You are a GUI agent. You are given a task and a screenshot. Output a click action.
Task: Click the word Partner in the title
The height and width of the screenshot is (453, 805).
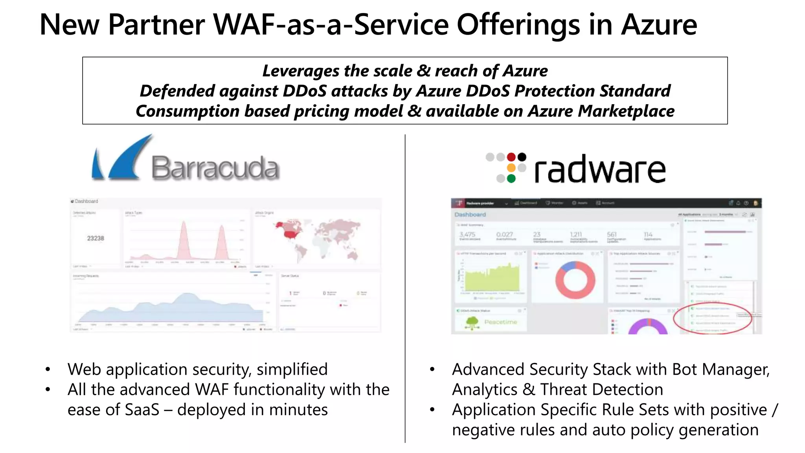[156, 25]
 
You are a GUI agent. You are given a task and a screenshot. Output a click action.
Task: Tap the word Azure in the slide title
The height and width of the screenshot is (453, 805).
[659, 25]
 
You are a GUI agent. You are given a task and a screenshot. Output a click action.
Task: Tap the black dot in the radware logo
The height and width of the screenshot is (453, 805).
[522, 157]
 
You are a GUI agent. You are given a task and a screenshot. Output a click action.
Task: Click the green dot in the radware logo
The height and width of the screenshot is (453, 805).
[511, 179]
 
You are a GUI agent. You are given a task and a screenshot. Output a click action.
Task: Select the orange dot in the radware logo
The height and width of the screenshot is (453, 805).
[511, 168]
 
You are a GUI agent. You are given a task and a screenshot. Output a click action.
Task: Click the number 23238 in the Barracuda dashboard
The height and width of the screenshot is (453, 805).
[96, 238]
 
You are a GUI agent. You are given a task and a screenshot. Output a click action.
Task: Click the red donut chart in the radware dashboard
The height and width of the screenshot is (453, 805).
[575, 280]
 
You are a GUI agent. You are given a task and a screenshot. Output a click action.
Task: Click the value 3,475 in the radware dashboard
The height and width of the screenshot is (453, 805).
[467, 234]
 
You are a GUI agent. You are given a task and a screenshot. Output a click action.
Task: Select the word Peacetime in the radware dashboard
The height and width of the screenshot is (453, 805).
[500, 322]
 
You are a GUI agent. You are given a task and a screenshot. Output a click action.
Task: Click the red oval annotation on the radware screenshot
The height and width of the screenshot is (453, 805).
[713, 319]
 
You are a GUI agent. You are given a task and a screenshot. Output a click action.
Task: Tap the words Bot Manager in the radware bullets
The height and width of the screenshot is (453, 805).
[720, 370]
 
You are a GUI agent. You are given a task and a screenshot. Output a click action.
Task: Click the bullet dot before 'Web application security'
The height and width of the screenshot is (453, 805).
[48, 370]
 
